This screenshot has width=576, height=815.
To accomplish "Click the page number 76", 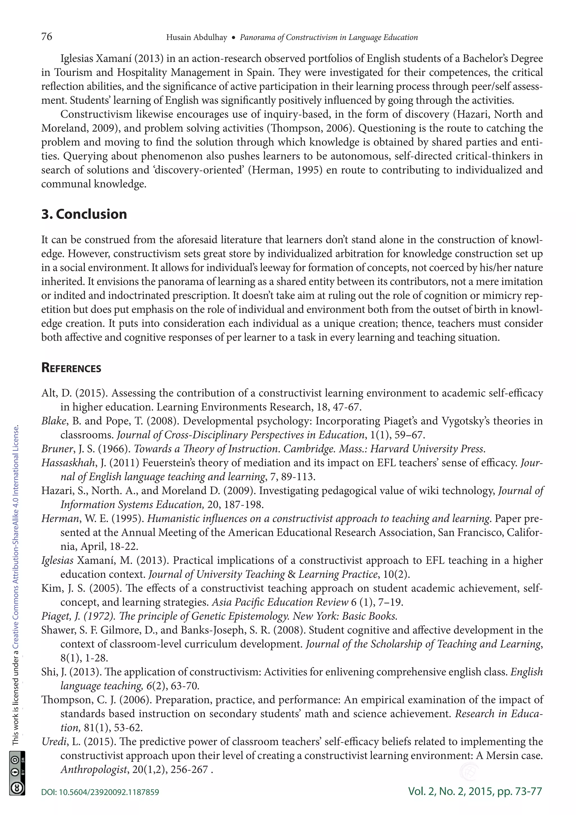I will click(47, 37).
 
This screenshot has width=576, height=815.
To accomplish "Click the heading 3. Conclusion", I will click(84, 214).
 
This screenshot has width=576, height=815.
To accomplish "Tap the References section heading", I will click(71, 368).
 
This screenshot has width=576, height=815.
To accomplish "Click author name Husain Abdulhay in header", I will click(197, 38).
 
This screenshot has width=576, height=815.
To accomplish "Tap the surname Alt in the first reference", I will click(49, 393).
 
